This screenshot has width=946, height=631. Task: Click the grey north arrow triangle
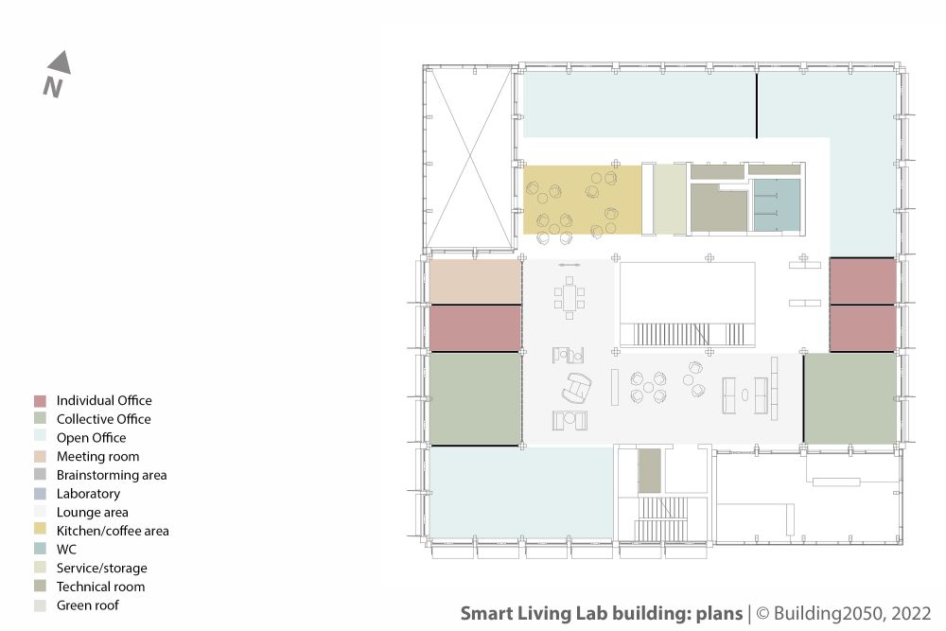click(x=61, y=64)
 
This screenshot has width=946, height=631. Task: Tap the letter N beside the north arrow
click(x=52, y=87)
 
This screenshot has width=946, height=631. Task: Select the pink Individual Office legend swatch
click(x=40, y=401)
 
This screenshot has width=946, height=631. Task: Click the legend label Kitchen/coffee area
click(x=113, y=531)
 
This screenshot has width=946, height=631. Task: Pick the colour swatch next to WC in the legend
click(x=40, y=549)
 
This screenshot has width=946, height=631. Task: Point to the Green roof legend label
click(x=87, y=605)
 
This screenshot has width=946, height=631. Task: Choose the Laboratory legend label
click(x=88, y=494)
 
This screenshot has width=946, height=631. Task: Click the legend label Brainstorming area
click(x=112, y=475)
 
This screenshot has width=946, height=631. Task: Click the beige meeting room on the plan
click(x=475, y=282)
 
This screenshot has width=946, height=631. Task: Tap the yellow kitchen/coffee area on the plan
click(x=582, y=200)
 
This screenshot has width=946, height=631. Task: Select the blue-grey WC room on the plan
click(x=777, y=205)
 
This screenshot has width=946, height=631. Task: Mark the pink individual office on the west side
click(x=475, y=328)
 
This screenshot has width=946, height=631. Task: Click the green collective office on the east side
click(x=850, y=398)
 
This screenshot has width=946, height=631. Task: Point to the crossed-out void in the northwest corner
click(x=470, y=158)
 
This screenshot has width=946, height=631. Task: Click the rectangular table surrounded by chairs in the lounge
click(x=569, y=298)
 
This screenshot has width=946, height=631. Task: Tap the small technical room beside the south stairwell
click(x=649, y=470)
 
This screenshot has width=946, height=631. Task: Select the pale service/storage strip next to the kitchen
click(x=670, y=200)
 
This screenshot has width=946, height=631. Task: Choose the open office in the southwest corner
click(x=521, y=492)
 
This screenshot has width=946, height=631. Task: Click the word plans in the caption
click(x=719, y=614)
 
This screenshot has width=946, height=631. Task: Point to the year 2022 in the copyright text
click(x=911, y=614)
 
